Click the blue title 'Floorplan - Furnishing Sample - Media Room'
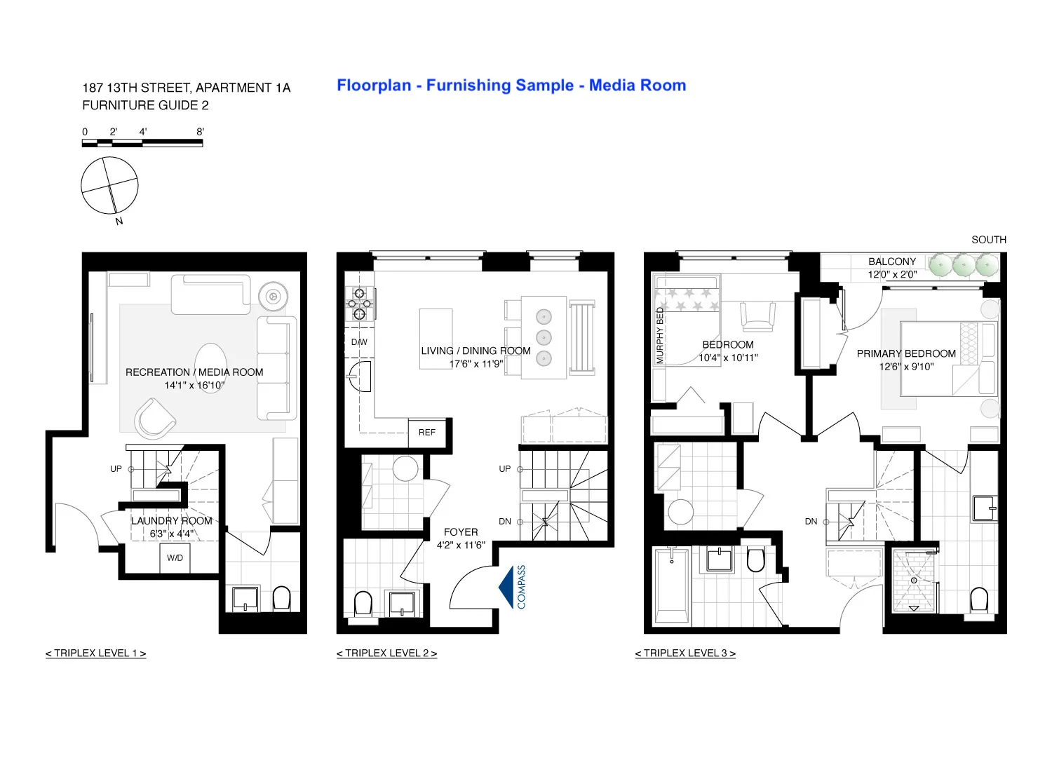[x=511, y=86]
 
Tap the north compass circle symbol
[x=109, y=185]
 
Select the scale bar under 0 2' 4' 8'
[x=142, y=143]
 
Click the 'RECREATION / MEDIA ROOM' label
[x=194, y=372]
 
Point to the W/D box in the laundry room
[x=175, y=558]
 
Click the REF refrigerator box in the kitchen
[x=426, y=433]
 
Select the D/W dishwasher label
[x=359, y=342]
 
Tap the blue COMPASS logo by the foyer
[x=513, y=587]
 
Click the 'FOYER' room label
[x=461, y=532]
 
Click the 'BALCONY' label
[x=892, y=262]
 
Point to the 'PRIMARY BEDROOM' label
[x=906, y=354]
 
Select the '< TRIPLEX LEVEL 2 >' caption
[x=386, y=654]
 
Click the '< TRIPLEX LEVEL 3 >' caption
[x=685, y=654]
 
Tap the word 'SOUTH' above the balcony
[x=988, y=240]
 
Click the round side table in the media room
[x=273, y=296]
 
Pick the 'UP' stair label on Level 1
[x=116, y=469]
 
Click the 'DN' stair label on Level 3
[x=811, y=522]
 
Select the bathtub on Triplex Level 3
[x=671, y=586]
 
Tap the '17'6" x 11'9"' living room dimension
[x=476, y=364]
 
